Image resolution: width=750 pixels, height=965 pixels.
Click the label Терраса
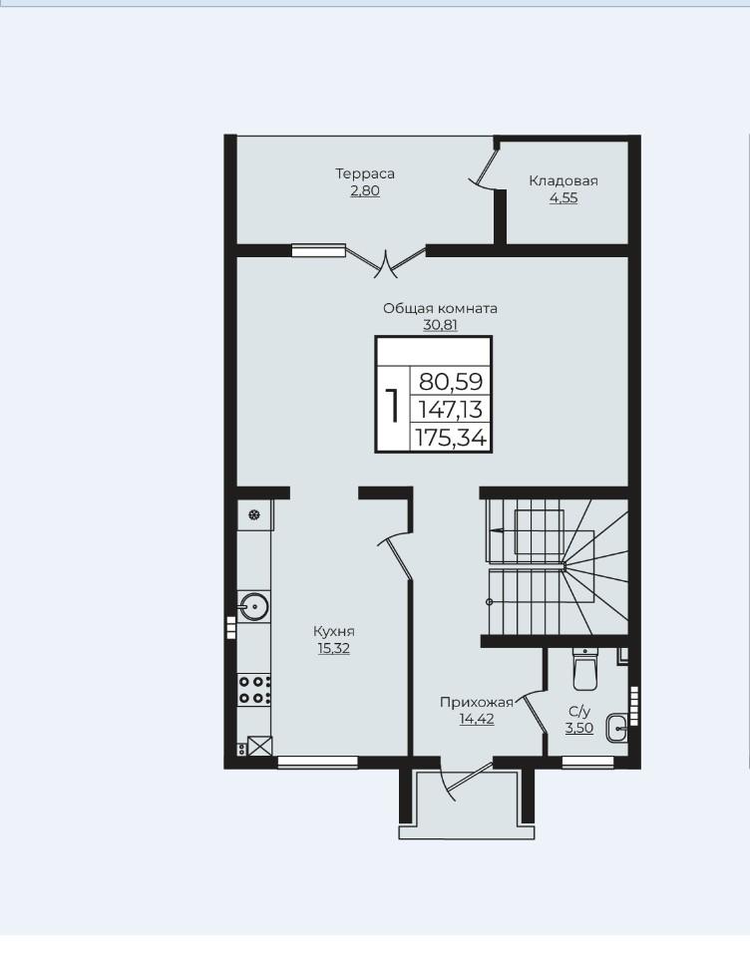click(365, 173)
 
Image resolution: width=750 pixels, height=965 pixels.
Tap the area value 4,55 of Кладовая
click(563, 198)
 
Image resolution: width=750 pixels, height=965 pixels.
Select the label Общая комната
click(440, 308)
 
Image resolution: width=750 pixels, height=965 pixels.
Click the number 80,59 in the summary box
click(452, 382)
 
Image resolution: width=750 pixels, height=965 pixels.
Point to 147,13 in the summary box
click(450, 410)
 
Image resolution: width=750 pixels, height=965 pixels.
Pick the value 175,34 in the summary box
click(452, 438)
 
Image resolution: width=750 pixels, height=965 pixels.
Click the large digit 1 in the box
click(392, 405)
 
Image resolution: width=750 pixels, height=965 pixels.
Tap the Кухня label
click(334, 631)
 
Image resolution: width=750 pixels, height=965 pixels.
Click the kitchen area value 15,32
click(334, 648)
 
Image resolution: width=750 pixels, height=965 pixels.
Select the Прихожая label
click(476, 702)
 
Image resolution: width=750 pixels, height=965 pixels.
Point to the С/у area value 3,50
click(579, 728)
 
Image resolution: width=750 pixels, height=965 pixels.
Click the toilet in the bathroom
click(584, 668)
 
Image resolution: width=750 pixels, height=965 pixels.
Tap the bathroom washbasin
click(617, 729)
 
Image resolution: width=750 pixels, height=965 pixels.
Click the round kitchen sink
click(253, 606)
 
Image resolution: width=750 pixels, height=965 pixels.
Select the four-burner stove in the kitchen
click(255, 690)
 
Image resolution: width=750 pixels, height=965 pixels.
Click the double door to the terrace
click(385, 261)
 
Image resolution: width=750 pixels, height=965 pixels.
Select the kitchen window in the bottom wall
click(318, 762)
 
